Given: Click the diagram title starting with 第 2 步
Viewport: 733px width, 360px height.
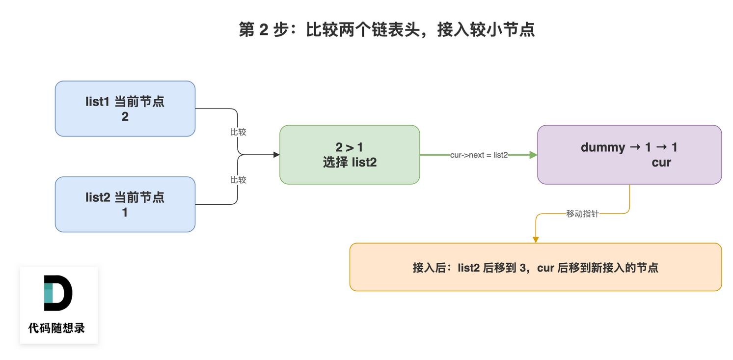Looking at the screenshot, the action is click(x=387, y=29).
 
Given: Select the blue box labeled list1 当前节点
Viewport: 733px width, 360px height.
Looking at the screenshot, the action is click(x=125, y=109).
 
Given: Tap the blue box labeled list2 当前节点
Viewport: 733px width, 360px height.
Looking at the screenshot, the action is click(x=125, y=204).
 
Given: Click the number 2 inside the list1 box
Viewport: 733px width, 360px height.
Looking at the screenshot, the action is click(x=125, y=117).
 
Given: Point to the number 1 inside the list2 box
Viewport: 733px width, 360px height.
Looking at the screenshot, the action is click(x=125, y=213).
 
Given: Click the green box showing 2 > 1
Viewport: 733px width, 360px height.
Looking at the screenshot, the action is click(x=350, y=155).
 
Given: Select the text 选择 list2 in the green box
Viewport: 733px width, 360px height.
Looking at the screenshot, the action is click(x=350, y=163).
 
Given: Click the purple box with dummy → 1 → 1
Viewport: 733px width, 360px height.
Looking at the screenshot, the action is click(x=629, y=155).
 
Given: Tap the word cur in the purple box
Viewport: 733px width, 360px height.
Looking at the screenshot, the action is click(x=661, y=163).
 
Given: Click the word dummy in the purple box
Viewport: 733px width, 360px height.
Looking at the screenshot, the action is click(x=603, y=148).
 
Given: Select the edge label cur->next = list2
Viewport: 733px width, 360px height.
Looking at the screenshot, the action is click(x=479, y=155).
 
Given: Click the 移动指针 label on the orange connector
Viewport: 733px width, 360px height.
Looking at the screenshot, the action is click(x=582, y=214).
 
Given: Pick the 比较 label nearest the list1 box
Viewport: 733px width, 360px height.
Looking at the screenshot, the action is click(x=238, y=132).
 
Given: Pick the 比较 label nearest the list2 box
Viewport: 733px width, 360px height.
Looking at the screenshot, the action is click(x=238, y=180).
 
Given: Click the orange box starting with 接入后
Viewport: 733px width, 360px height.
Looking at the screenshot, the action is click(x=536, y=267).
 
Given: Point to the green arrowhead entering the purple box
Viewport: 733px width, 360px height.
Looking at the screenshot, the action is click(x=533, y=155).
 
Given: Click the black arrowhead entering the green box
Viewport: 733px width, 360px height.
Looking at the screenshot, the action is click(x=276, y=155).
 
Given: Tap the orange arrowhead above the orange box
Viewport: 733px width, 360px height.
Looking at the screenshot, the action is click(x=536, y=240).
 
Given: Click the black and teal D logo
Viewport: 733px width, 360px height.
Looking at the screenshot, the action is click(x=58, y=293).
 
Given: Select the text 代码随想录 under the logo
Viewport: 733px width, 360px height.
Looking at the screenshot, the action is click(x=56, y=328).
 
